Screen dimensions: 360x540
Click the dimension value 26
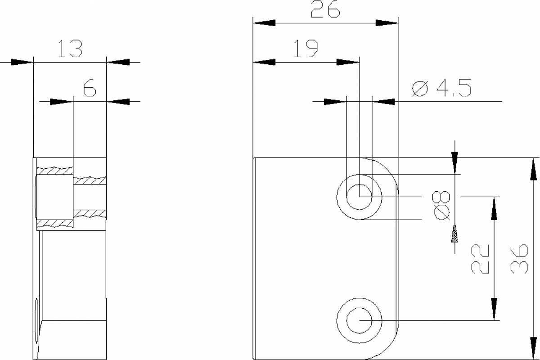(x=325, y=10)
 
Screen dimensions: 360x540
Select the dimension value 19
(x=306, y=49)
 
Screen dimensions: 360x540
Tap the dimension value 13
(x=70, y=49)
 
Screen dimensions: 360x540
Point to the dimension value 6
(x=90, y=88)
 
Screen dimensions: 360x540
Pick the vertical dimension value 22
(x=480, y=259)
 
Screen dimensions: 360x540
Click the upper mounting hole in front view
(x=359, y=197)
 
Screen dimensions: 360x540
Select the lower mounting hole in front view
(x=359, y=320)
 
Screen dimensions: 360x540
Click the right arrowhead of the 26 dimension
(x=387, y=22)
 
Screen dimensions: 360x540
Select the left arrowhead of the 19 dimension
(x=265, y=62)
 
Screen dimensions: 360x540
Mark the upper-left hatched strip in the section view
(x=54, y=171)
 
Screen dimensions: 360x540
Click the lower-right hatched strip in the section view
(x=90, y=213)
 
